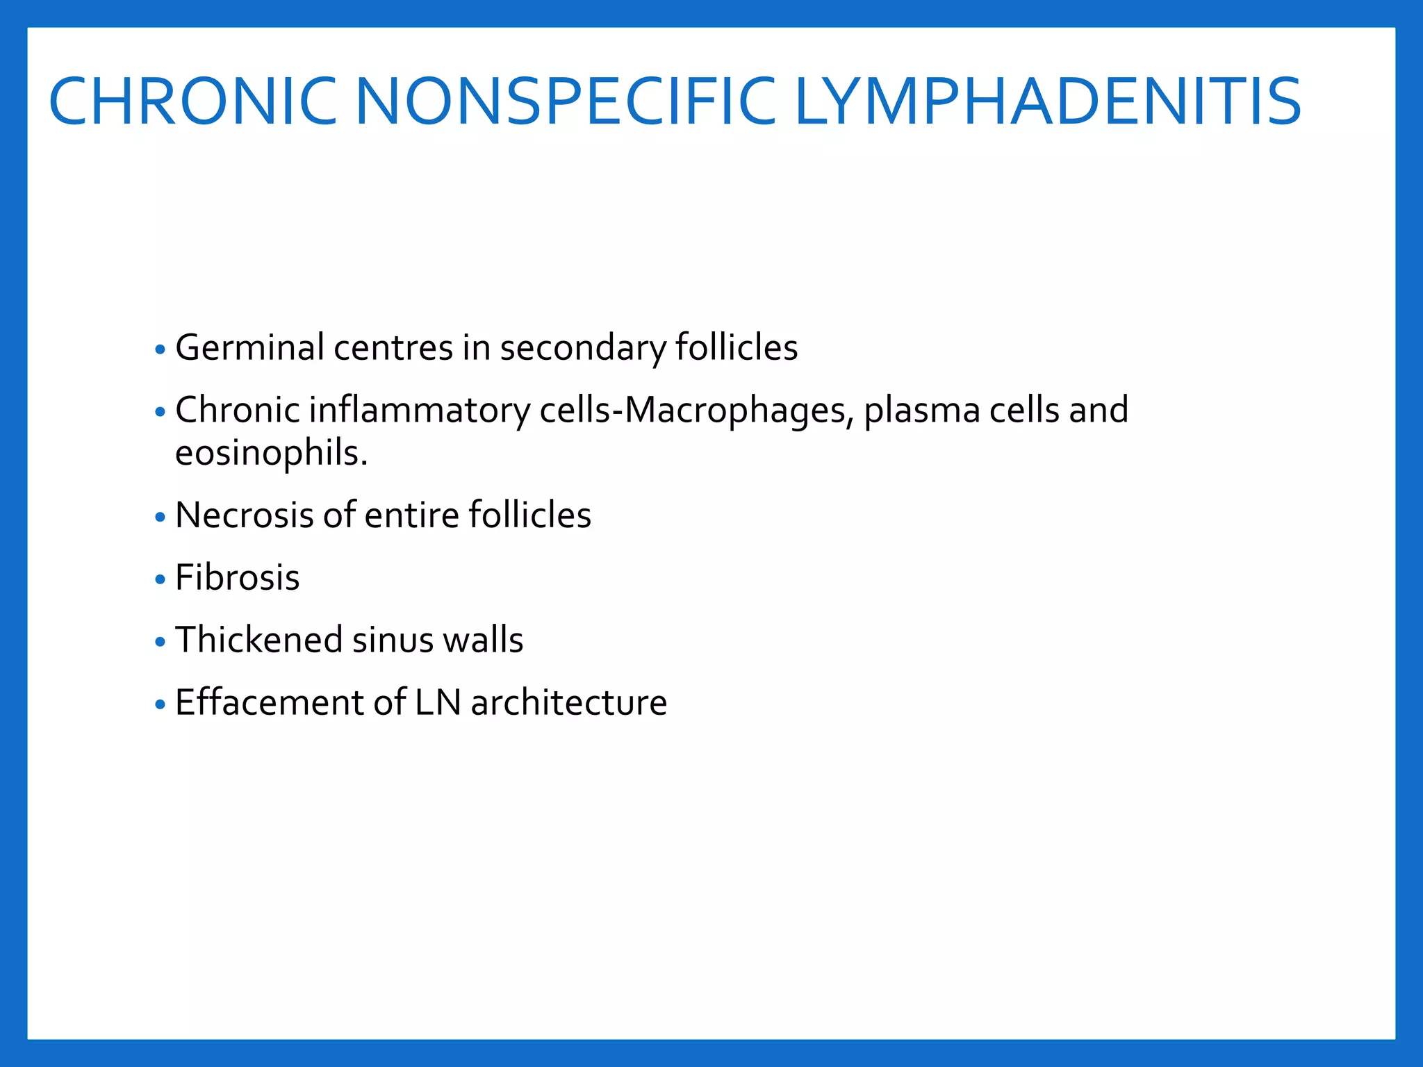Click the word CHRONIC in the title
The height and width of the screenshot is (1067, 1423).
[192, 102]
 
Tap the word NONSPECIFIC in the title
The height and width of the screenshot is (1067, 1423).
[565, 102]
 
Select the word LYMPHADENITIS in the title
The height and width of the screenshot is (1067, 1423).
[1047, 102]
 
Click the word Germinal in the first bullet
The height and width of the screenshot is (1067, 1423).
[249, 347]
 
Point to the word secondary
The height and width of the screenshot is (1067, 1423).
[582, 349]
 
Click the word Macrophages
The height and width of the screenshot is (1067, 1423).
[739, 411]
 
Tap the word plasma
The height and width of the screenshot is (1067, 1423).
[922, 411]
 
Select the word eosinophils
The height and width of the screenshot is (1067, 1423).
[271, 454]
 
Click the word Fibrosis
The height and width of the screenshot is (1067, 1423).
[238, 578]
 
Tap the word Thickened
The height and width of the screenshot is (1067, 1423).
[258, 640]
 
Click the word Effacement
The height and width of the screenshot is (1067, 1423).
[269, 702]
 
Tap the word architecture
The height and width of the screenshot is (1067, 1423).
[569, 702]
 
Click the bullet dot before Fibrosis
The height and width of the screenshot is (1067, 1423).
[161, 579]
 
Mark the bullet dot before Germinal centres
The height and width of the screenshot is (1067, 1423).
[161, 349]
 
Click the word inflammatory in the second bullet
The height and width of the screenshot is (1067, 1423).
[420, 411]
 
